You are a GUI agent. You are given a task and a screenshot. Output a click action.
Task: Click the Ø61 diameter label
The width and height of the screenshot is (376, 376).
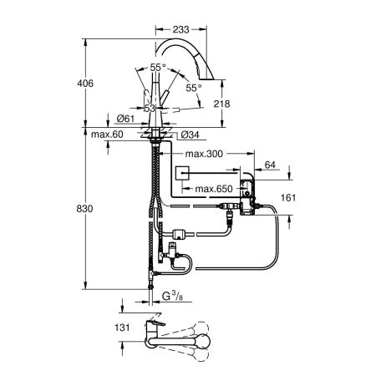pyautogui.click(x=127, y=119)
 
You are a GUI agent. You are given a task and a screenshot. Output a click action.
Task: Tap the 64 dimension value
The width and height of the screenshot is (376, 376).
pyautogui.click(x=271, y=166)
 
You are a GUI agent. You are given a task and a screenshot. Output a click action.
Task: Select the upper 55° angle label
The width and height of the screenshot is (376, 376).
pyautogui.click(x=157, y=67)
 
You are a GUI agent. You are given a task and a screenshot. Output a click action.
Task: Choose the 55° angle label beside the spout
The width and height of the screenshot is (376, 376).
pyautogui.click(x=195, y=87)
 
